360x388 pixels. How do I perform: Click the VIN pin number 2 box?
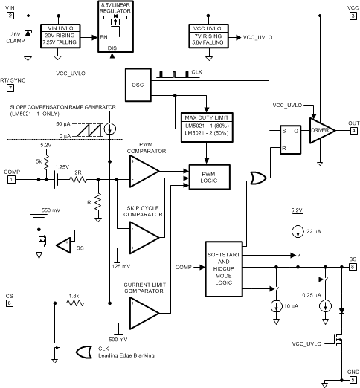tap(10, 14)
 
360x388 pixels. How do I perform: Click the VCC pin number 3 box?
tap(353, 14)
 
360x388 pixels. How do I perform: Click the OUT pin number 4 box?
tap(353, 130)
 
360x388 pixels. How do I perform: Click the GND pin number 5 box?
tap(353, 381)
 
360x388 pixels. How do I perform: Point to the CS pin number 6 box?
tap(10, 303)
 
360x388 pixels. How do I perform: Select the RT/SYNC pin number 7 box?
tap(10, 88)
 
